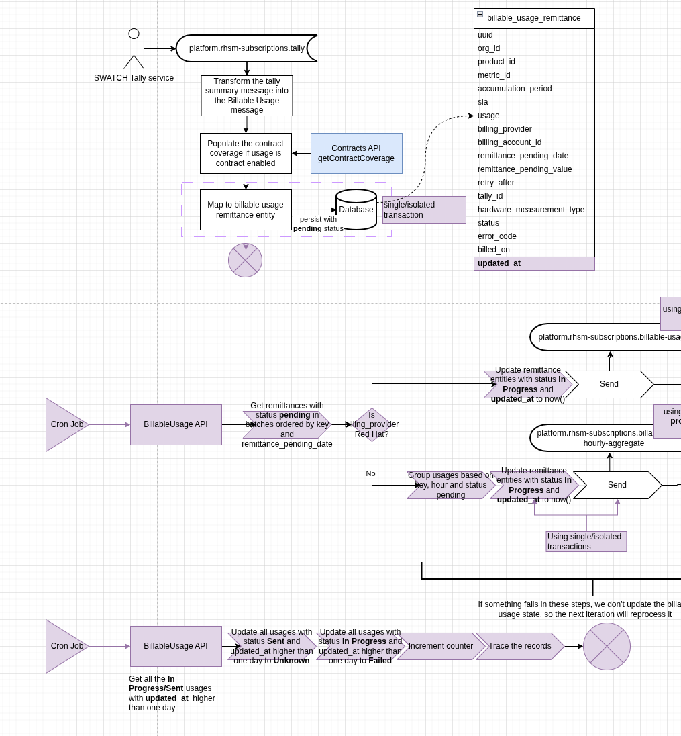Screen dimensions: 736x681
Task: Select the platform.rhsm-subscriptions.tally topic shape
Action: coord(246,48)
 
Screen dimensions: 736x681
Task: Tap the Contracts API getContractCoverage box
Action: coord(356,153)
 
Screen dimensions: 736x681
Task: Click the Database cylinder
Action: coord(356,210)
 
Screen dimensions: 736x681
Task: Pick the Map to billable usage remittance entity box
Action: coord(246,210)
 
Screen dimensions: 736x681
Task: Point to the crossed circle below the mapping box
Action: coord(245,260)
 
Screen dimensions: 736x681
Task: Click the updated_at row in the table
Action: coord(534,263)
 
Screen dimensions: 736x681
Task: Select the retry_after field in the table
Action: coord(496,183)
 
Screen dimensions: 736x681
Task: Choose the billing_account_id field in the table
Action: coord(510,142)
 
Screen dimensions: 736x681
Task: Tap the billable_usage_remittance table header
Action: coord(534,18)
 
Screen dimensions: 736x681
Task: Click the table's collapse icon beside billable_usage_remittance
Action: coord(480,14)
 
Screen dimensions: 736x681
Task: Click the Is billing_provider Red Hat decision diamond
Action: coord(372,424)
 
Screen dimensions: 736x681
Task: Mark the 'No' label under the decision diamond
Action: coord(370,473)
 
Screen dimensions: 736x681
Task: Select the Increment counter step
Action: coord(440,646)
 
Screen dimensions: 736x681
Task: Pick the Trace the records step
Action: coord(520,646)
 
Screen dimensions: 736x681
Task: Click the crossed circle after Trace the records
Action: coord(607,646)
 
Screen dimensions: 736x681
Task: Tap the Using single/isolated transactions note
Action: coord(586,541)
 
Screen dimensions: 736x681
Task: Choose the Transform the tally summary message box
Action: coord(246,95)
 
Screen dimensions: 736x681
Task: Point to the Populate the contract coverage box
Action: coord(246,153)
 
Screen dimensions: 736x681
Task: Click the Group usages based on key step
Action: coord(451,485)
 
